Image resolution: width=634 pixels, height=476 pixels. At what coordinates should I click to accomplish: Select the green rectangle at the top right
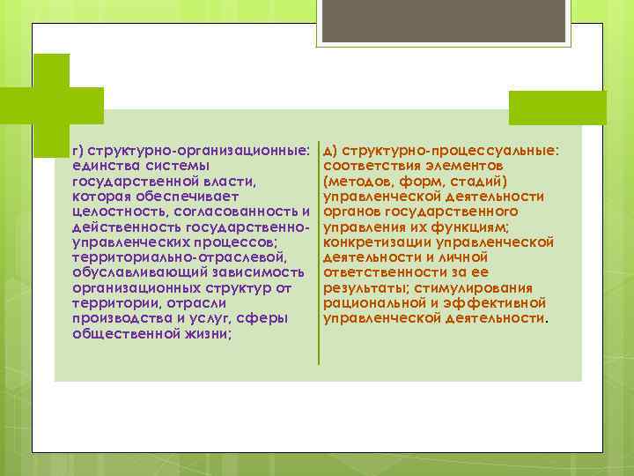[557, 107]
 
